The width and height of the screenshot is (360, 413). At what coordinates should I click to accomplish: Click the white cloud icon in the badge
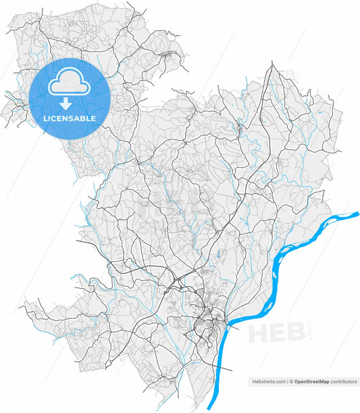(x=70, y=82)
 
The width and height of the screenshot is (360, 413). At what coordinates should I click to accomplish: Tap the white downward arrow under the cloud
(x=66, y=104)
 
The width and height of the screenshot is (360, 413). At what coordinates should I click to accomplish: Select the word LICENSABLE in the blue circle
(x=69, y=118)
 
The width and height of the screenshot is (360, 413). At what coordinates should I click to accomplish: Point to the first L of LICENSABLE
(x=45, y=118)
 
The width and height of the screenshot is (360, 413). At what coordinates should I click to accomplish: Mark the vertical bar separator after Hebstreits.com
(x=287, y=381)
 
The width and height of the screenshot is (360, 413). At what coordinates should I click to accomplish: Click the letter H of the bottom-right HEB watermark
(x=259, y=334)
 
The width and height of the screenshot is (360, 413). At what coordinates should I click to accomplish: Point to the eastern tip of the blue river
(x=357, y=215)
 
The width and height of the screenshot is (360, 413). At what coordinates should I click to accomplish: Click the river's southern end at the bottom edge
(x=211, y=408)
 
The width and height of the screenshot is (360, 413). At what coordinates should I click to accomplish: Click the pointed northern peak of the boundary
(x=272, y=62)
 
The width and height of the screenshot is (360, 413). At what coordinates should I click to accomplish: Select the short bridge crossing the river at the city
(x=229, y=325)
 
